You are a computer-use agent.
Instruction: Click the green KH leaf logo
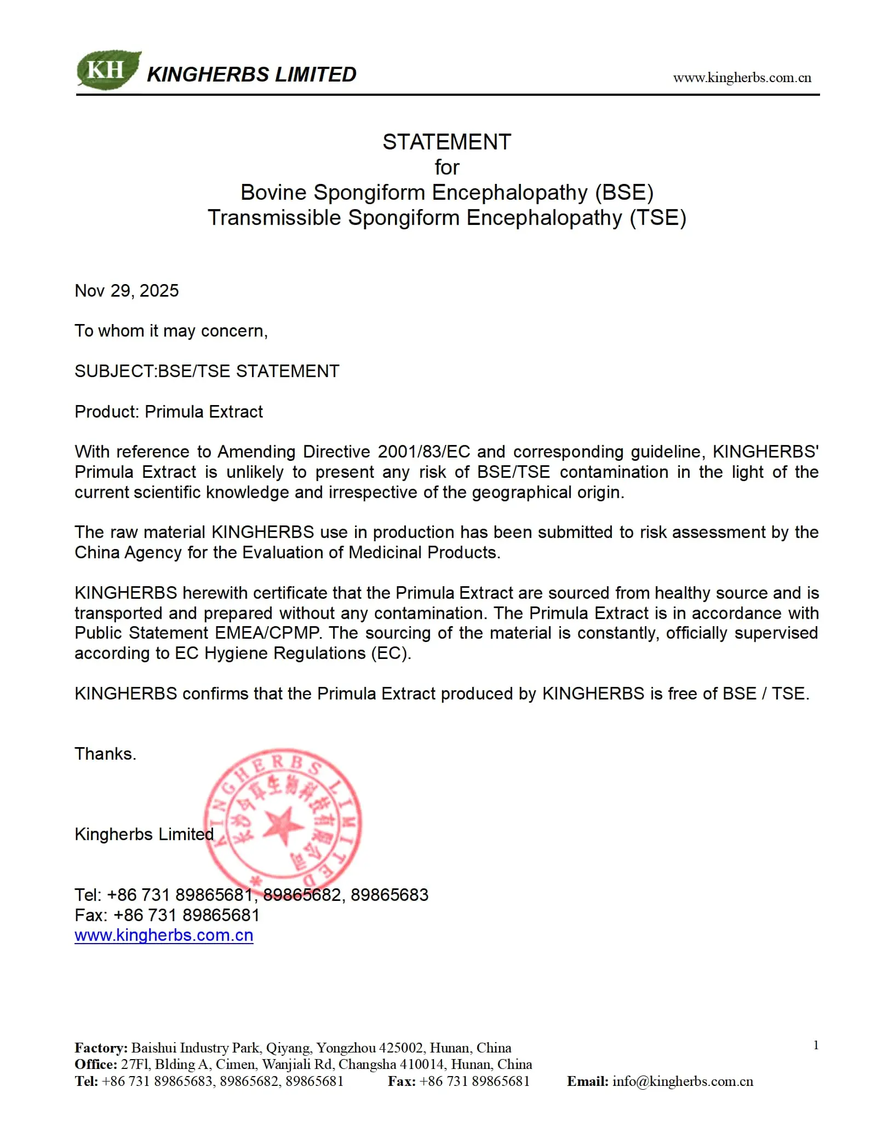point(108,70)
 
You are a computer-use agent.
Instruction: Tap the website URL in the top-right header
point(742,78)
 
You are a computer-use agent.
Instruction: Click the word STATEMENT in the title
point(446,142)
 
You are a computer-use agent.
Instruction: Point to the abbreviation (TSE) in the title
point(657,218)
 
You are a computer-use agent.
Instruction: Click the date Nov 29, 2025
point(127,291)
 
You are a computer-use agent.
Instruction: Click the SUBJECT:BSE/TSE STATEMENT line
point(207,371)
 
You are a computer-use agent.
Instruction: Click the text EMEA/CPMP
point(267,633)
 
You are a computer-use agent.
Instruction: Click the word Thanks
point(105,754)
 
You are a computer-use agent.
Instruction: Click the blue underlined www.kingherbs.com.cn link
point(164,935)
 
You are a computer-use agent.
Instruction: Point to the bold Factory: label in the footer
point(101,1048)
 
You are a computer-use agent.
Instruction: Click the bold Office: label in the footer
point(96,1064)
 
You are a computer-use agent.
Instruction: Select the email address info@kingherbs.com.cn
point(683,1081)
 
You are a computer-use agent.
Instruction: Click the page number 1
point(816,1045)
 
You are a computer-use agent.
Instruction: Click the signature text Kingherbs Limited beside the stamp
point(144,834)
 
